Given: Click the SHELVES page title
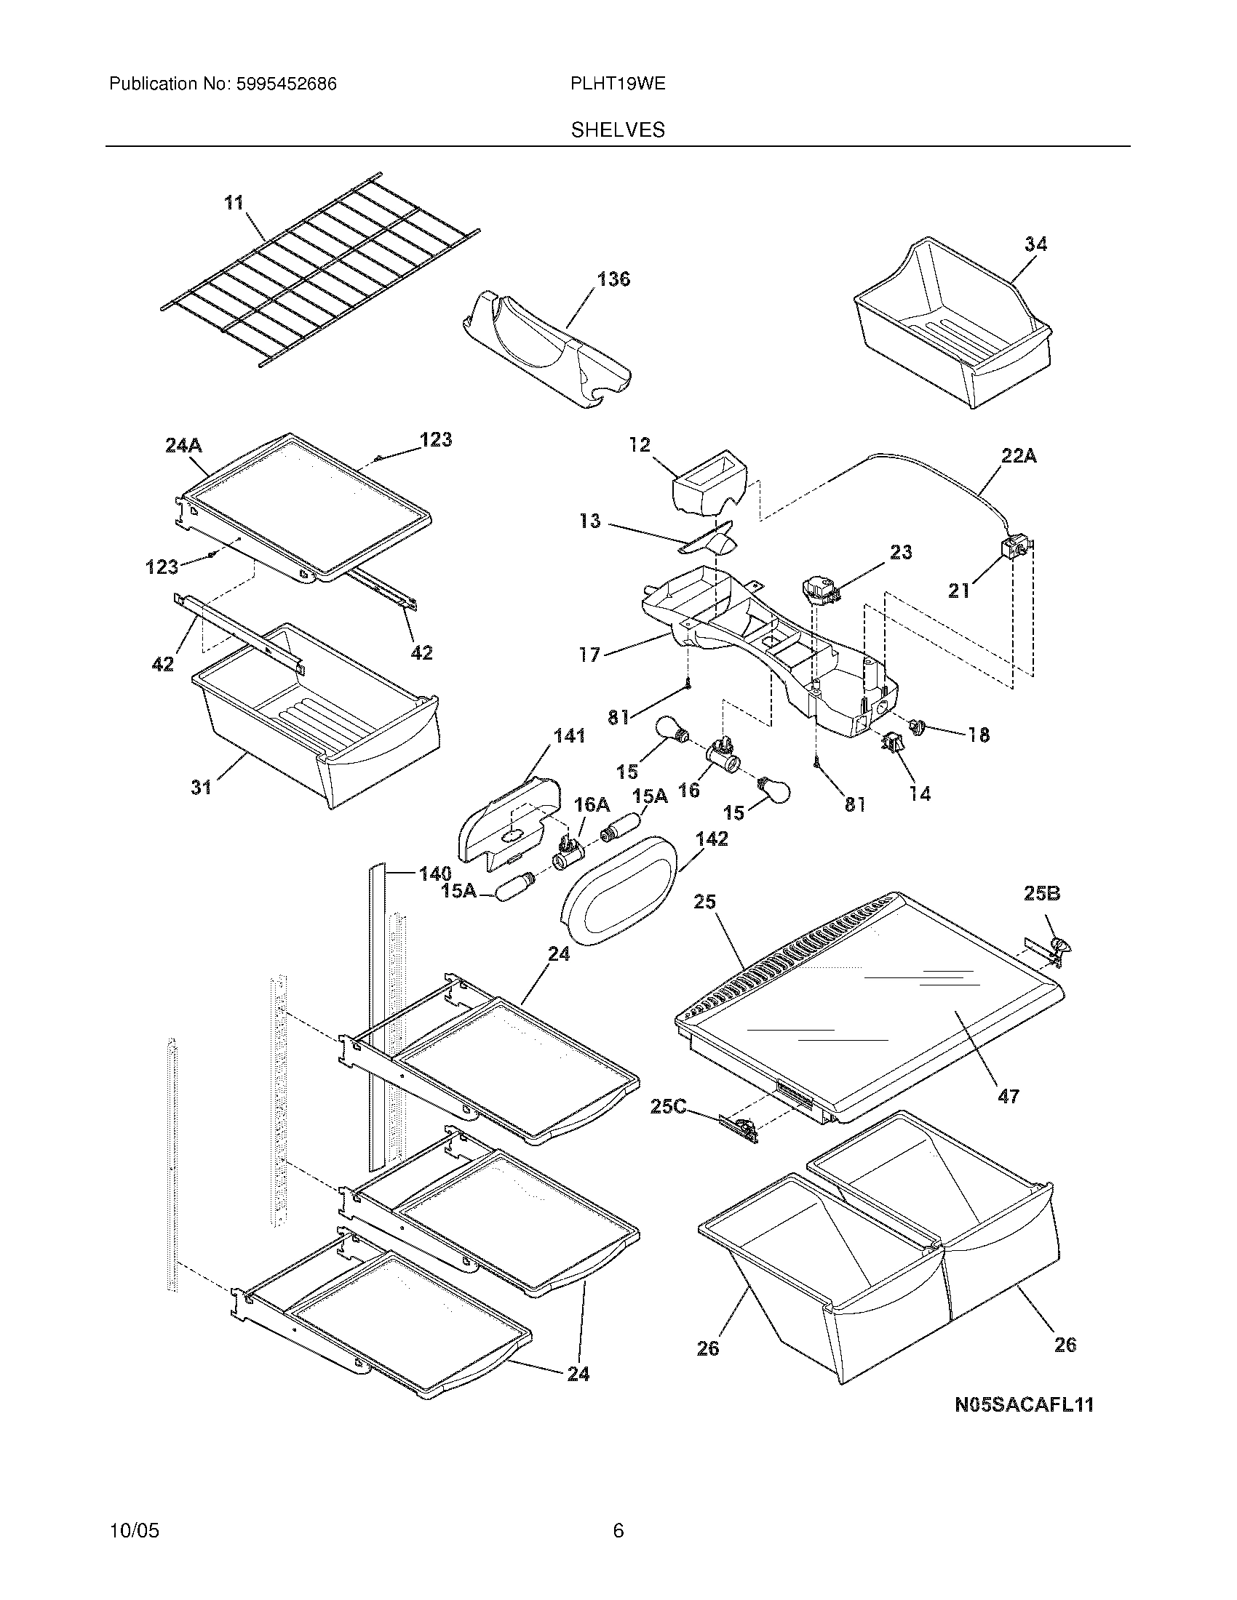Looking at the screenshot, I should (618, 130).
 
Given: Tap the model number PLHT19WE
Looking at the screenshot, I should (618, 84).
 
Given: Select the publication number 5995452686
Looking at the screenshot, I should (286, 84).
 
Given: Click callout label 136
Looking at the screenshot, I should (613, 279).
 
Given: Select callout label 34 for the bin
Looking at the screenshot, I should (1035, 244).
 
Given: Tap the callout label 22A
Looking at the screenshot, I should (1019, 456).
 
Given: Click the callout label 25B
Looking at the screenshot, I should (1042, 894).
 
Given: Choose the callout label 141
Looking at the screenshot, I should (570, 735).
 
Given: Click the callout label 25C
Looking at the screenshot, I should (667, 1106).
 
